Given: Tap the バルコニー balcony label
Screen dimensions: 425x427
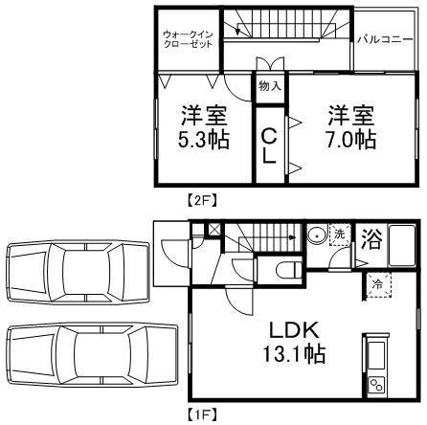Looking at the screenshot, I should [385, 40].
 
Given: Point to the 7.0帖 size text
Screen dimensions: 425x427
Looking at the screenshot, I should [351, 140].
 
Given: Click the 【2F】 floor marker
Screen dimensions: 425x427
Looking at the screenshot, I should [202, 201].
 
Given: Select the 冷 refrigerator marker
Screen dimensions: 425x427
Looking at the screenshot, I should [377, 284].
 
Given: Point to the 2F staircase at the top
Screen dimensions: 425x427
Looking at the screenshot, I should [287, 29].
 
